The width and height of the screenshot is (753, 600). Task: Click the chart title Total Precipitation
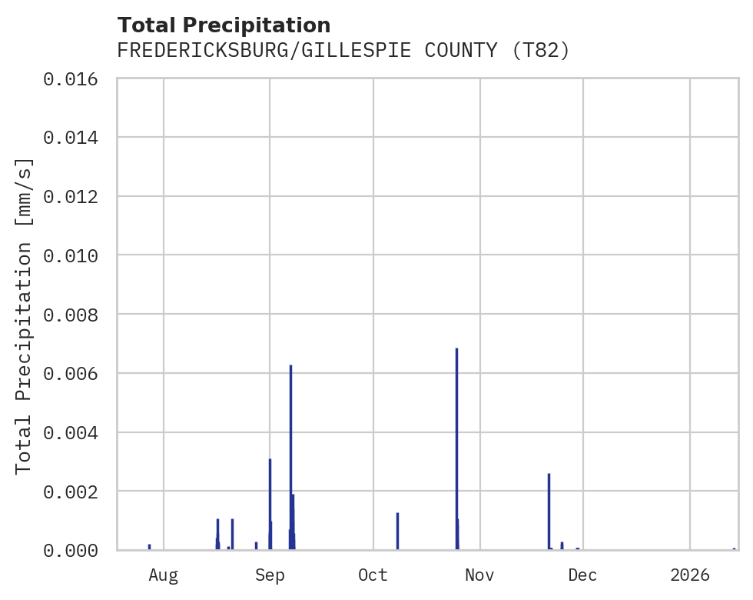(x=224, y=25)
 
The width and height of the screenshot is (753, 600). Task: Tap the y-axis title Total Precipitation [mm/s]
(x=25, y=315)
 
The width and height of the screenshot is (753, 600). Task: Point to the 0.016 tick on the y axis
(x=75, y=78)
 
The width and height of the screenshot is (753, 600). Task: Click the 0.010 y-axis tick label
(x=75, y=255)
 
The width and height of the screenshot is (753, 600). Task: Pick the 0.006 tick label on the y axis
(x=75, y=374)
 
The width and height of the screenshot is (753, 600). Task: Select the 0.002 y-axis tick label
(x=75, y=492)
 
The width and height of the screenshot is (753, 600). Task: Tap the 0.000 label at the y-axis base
(x=75, y=551)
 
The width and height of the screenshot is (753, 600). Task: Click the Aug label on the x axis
(x=164, y=575)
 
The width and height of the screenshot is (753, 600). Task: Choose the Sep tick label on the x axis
(x=270, y=575)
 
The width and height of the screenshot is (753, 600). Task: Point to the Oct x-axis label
(x=373, y=575)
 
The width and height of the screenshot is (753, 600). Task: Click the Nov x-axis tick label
(x=479, y=575)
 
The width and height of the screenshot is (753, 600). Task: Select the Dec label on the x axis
(x=583, y=575)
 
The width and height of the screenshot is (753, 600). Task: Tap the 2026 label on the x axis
(x=690, y=575)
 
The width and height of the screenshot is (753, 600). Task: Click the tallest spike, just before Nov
(x=456, y=446)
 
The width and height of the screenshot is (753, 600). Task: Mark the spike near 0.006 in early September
(x=290, y=454)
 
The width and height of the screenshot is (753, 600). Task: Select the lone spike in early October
(x=397, y=531)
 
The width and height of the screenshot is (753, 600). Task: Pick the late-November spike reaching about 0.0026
(x=549, y=512)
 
